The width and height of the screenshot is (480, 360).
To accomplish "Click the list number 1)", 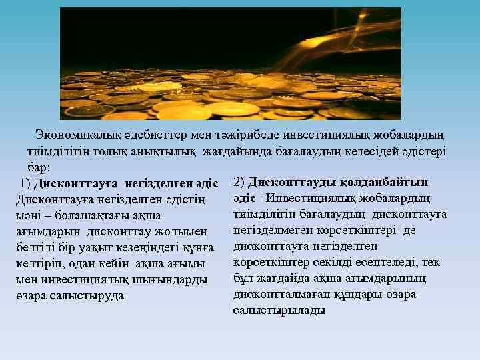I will click(x=25, y=183).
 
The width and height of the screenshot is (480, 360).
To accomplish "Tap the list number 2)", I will click(x=239, y=181).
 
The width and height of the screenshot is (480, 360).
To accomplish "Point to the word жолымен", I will click(x=186, y=231).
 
